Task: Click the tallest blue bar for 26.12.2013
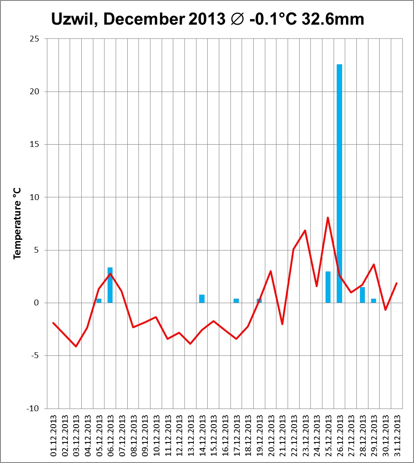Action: (339, 183)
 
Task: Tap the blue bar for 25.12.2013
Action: (328, 287)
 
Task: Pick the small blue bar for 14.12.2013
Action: (202, 299)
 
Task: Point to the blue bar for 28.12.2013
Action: (362, 295)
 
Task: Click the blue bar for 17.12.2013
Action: (236, 300)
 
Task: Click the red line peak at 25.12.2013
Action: (328, 217)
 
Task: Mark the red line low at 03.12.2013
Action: (76, 346)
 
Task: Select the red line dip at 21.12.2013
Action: (282, 324)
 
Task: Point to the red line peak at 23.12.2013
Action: (305, 230)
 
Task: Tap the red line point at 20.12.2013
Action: (271, 271)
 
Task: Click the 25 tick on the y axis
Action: (34, 39)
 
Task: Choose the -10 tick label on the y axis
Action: (33, 409)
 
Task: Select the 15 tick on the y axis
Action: (34, 145)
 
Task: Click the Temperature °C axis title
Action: (17, 223)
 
